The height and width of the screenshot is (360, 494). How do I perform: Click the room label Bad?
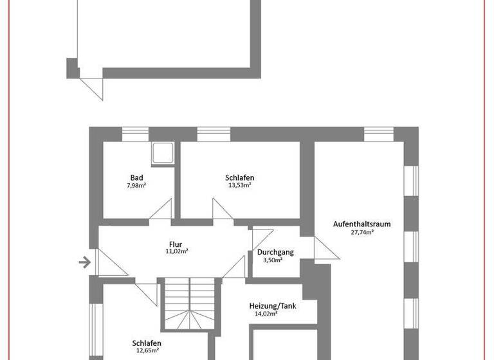click(136, 178)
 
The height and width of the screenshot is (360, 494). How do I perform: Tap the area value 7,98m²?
click(136, 186)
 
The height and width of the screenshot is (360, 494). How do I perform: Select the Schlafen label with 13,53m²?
click(239, 177)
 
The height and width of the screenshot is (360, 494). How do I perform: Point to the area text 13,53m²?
click(239, 185)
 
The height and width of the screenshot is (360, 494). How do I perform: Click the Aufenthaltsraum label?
click(362, 224)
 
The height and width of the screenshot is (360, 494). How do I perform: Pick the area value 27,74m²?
click(362, 232)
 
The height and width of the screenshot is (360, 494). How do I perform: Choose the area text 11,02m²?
click(176, 252)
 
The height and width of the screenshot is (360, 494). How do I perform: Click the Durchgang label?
click(275, 252)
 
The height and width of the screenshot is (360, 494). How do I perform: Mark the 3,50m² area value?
click(275, 260)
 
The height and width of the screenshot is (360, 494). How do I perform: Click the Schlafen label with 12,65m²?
click(147, 343)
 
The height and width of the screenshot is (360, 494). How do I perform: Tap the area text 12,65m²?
click(147, 350)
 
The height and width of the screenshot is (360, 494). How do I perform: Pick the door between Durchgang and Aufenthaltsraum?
click(324, 248)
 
